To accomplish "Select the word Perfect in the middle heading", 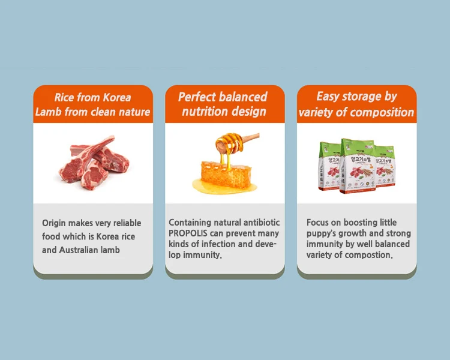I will [x=199, y=97].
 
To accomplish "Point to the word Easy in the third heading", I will [x=328, y=97].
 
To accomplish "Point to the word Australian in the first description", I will [x=80, y=250].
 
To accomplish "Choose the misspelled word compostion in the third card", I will [x=367, y=255].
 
